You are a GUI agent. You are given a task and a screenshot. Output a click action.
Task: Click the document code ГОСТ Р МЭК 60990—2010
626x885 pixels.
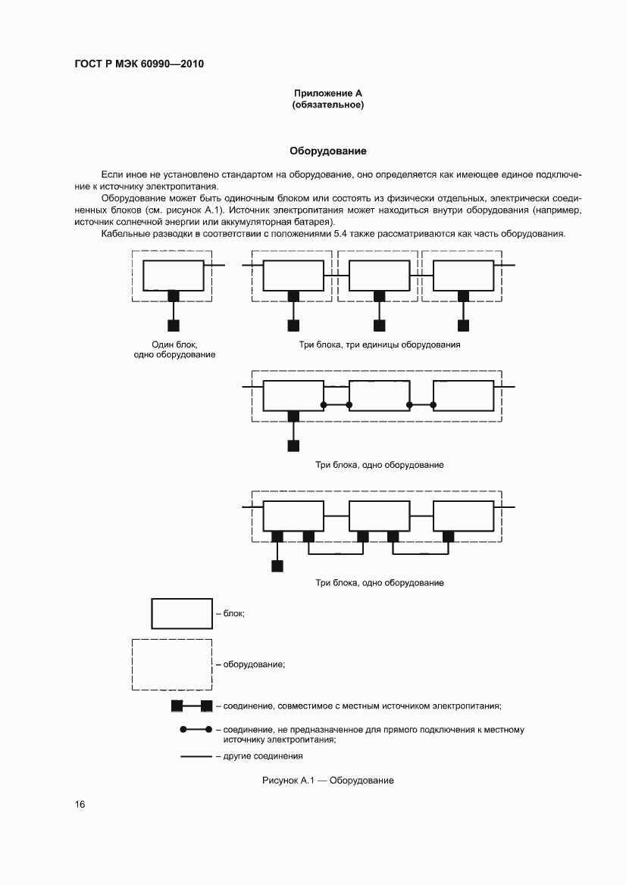point(139,64)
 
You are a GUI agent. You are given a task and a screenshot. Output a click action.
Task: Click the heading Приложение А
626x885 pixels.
point(328,93)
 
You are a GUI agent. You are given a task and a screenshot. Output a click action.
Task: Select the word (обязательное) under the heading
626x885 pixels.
point(328,104)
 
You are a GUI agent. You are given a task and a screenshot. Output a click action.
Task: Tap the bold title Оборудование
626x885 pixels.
point(318,151)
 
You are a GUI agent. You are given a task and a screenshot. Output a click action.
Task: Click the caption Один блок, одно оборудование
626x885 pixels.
point(174,349)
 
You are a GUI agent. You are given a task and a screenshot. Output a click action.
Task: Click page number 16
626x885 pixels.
point(80,804)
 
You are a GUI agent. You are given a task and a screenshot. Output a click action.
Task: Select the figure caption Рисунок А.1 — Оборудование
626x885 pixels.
point(327,781)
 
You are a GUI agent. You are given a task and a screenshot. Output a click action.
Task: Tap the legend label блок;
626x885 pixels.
point(234,613)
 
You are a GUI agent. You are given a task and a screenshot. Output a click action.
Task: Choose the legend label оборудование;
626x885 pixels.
point(254,665)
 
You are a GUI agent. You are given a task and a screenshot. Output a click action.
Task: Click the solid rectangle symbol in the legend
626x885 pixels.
point(181,613)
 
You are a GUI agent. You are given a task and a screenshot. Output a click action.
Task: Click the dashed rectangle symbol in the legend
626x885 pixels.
point(172,665)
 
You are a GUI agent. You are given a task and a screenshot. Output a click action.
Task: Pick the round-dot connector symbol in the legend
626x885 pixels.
point(195,730)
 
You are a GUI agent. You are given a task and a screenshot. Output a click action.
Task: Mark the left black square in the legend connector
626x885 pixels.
point(177,706)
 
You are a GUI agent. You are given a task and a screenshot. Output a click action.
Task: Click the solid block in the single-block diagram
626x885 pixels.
point(174,276)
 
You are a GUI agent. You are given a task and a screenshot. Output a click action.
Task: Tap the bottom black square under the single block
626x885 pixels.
point(174,326)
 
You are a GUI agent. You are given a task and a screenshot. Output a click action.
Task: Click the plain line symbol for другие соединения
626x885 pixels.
point(195,756)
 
